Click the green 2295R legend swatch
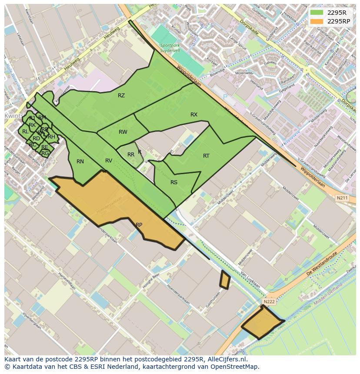tap(317, 13)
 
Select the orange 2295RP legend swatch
tap(317, 21)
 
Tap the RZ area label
tap(121, 96)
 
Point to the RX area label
tap(194, 115)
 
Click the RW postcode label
tap(123, 132)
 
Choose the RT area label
tap(206, 156)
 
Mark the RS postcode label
tap(174, 182)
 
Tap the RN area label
tap(80, 162)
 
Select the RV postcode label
tap(109, 161)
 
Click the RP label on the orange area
tap(139, 225)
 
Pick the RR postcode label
tap(131, 155)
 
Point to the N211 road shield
tap(342, 198)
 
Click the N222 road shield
tap(269, 301)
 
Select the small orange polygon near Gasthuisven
tap(224, 280)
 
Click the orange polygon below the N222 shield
tap(262, 323)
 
